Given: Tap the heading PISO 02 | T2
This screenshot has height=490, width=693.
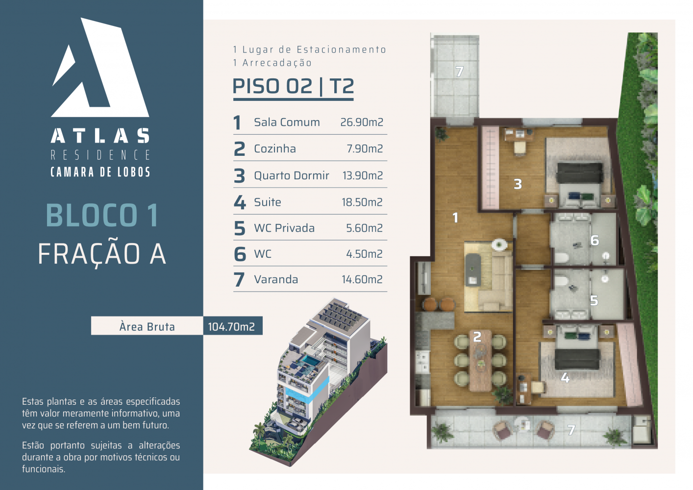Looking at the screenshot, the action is coord(293,86).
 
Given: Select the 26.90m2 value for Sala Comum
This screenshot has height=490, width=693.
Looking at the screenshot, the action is coord(362,122).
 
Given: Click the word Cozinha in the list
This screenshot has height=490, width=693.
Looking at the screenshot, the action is coord(275,149).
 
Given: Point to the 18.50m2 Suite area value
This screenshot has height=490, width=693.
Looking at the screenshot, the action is coord(362,202).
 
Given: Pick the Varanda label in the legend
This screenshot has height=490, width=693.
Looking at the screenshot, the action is coord(276,279).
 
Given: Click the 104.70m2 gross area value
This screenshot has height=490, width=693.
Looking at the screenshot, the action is coord(231,327).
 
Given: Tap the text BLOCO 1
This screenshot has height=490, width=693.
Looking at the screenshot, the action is coord(102,215).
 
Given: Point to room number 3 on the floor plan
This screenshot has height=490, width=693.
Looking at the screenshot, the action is coord(518,184).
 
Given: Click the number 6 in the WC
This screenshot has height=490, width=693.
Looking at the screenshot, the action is coord(594,241).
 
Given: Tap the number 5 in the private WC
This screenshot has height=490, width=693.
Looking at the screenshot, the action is coord(594,300).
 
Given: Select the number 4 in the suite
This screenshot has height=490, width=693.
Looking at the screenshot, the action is coord(565,378).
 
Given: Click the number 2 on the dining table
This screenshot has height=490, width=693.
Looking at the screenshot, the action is coord(477,337).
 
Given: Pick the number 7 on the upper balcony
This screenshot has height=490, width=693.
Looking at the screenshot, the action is coord(459,72).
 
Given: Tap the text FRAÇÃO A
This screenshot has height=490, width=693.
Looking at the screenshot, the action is coord(102,254).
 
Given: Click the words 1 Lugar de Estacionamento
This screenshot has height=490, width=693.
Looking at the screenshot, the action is coord(309,49).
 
